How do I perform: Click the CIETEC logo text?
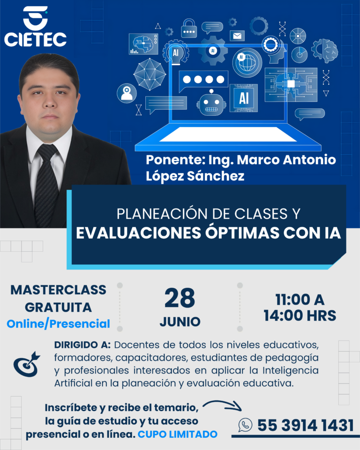click(x=35, y=39)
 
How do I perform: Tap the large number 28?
click(x=180, y=299)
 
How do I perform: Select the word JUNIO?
click(x=180, y=322)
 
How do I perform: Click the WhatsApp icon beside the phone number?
click(x=245, y=425)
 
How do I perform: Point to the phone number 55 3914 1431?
click(x=305, y=425)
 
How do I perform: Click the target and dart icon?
click(x=27, y=364)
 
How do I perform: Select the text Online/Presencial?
click(x=58, y=323)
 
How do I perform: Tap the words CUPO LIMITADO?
click(x=178, y=434)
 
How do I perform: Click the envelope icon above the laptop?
click(x=238, y=36)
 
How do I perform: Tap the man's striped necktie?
click(x=47, y=183)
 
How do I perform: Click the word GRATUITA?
click(x=58, y=307)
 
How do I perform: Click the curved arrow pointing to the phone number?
click(x=223, y=404)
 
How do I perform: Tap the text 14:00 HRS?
click(x=300, y=315)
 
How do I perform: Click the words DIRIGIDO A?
click(x=82, y=345)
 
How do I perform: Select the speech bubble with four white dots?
click(x=203, y=80)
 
